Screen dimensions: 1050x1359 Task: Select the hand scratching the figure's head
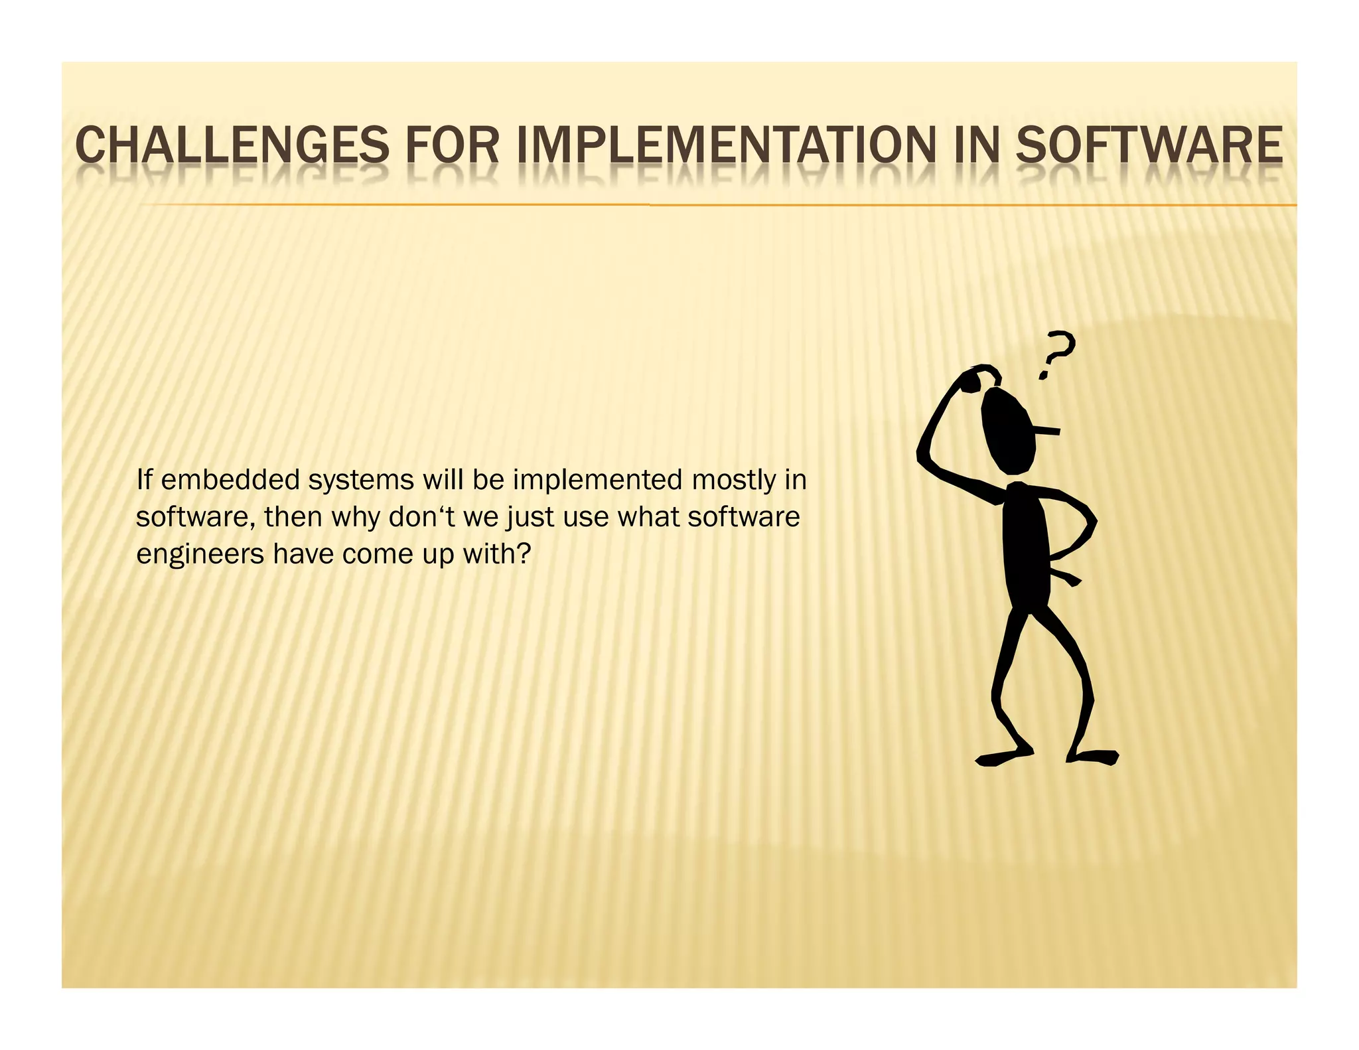pos(981,377)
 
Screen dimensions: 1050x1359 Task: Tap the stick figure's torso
pos(1026,544)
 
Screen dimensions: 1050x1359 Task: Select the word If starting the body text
pos(144,479)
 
